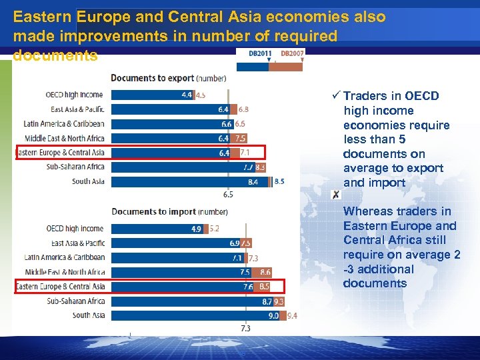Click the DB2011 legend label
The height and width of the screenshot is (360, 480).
point(259,53)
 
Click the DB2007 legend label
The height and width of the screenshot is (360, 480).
point(291,53)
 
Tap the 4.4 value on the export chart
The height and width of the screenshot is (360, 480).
point(187,95)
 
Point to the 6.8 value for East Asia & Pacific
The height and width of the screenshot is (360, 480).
point(243,109)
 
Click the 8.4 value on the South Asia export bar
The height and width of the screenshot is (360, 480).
point(253,181)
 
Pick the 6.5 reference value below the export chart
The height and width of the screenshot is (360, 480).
point(228,195)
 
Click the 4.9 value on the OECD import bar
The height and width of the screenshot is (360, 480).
point(197,229)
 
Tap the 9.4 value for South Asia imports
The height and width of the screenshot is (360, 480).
point(291,315)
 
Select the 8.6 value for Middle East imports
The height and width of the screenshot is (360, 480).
point(265,272)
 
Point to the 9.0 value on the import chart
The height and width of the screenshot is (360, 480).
point(273,315)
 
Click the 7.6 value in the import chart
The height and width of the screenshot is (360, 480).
point(248,287)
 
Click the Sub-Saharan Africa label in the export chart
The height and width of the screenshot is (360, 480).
point(75,167)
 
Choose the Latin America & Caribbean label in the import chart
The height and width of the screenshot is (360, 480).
point(65,257)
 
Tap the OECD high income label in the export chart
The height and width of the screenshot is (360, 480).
point(74,95)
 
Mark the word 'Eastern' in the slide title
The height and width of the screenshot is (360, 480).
point(44,17)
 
